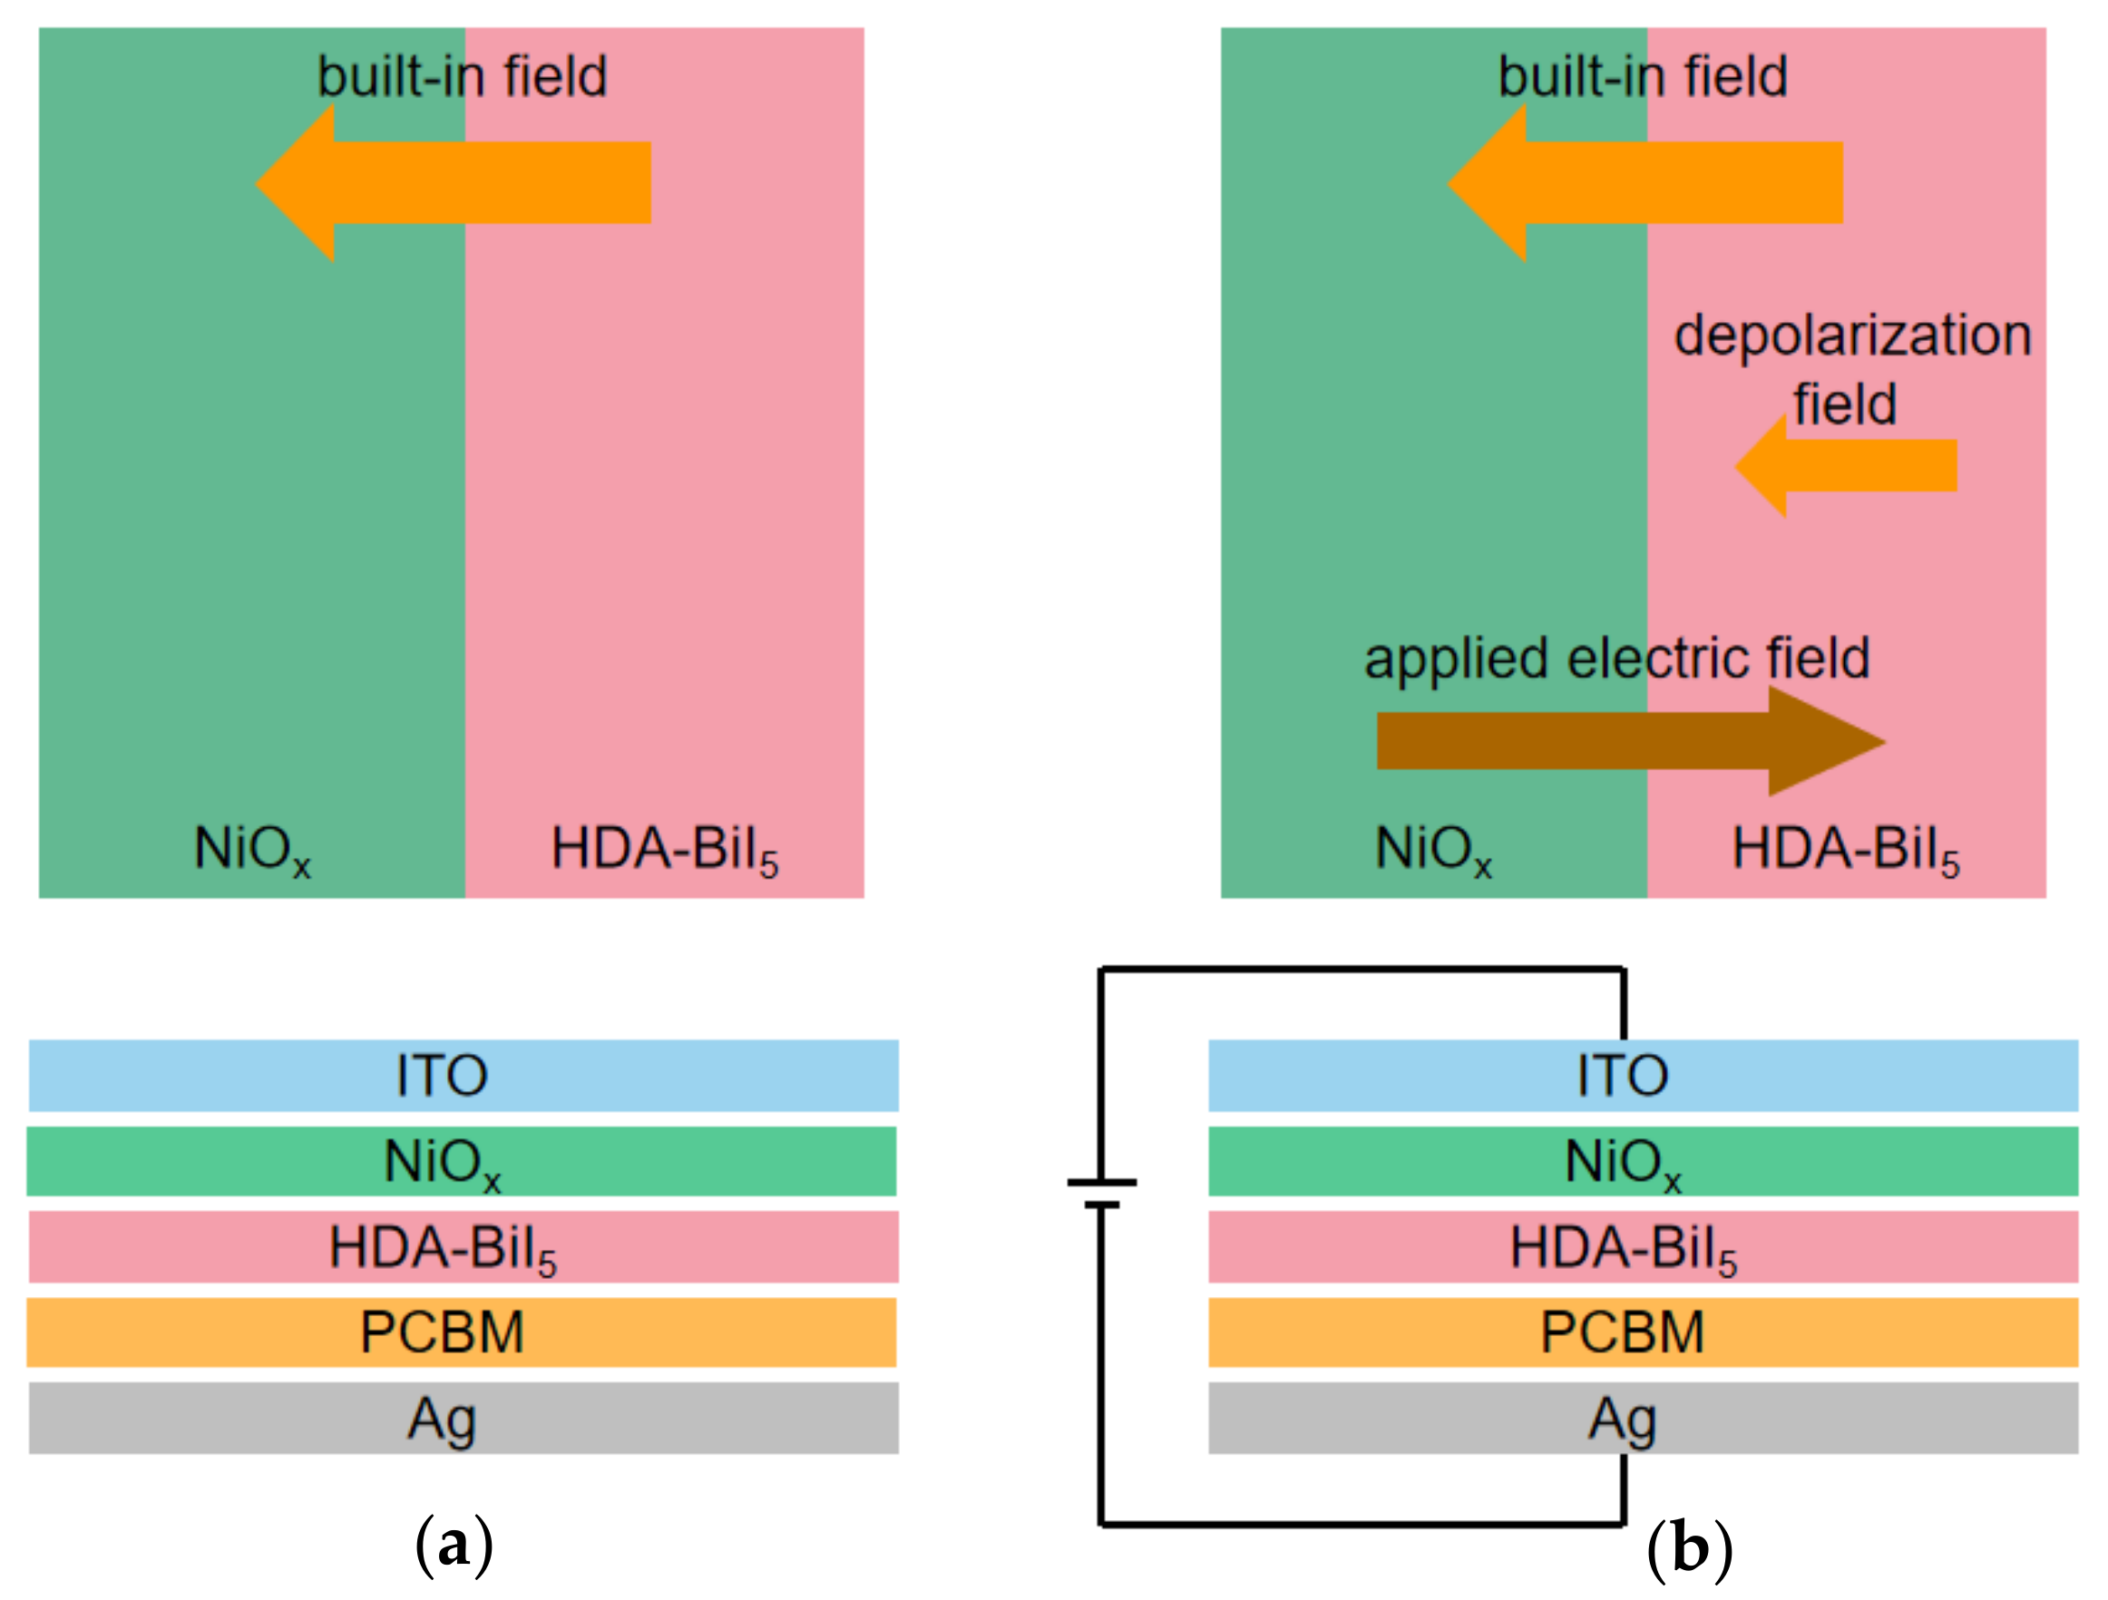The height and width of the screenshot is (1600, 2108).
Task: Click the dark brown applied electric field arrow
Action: [x=1620, y=741]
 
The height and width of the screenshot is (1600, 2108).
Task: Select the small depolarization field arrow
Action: [x=1849, y=466]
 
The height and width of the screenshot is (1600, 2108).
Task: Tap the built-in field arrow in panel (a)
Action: [x=457, y=183]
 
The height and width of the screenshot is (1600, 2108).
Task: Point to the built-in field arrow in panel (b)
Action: [x=1649, y=183]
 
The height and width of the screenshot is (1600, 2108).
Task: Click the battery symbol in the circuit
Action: [x=1102, y=1193]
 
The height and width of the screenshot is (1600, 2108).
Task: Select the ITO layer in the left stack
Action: [x=464, y=1075]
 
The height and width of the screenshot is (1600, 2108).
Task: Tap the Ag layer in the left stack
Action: [x=464, y=1418]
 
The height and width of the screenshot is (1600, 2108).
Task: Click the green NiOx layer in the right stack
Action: [x=1643, y=1161]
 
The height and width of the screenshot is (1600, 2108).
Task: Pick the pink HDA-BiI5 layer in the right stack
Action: [x=1643, y=1246]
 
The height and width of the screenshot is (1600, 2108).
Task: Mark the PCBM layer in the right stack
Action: [x=1643, y=1332]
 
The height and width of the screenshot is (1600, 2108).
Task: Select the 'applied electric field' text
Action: [x=1617, y=659]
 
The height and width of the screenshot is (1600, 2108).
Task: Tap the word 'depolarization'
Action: [x=1852, y=337]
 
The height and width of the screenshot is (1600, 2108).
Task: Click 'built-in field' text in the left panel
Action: [x=463, y=76]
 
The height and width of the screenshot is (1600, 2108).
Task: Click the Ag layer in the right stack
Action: [x=1643, y=1418]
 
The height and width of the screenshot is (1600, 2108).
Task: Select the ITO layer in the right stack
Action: [x=1643, y=1075]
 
